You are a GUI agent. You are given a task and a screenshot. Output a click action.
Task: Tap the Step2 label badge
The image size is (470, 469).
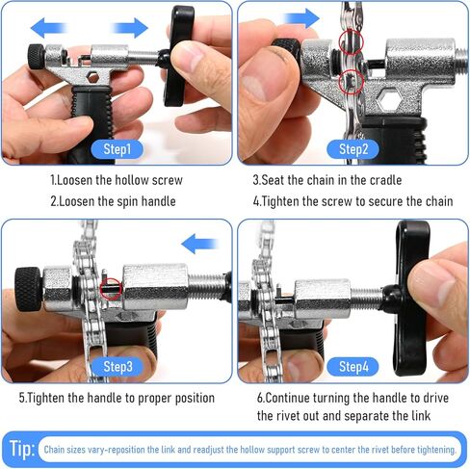pos(353,149)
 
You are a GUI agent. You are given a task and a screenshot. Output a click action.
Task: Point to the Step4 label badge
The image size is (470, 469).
pos(352,366)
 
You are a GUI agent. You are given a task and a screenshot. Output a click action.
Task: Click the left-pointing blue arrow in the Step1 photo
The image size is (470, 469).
pos(49,27)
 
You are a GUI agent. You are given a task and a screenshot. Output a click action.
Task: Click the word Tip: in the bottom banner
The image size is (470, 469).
pos(22,449)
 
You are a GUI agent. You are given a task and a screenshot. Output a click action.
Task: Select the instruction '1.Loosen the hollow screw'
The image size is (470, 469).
pos(117,180)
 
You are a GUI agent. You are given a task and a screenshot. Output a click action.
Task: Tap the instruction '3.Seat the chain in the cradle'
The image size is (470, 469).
pos(327,180)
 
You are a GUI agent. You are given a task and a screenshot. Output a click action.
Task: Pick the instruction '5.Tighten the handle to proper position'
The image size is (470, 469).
pos(117,397)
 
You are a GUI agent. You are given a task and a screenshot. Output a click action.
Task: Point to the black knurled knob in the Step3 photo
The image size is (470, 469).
pos(27,284)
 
